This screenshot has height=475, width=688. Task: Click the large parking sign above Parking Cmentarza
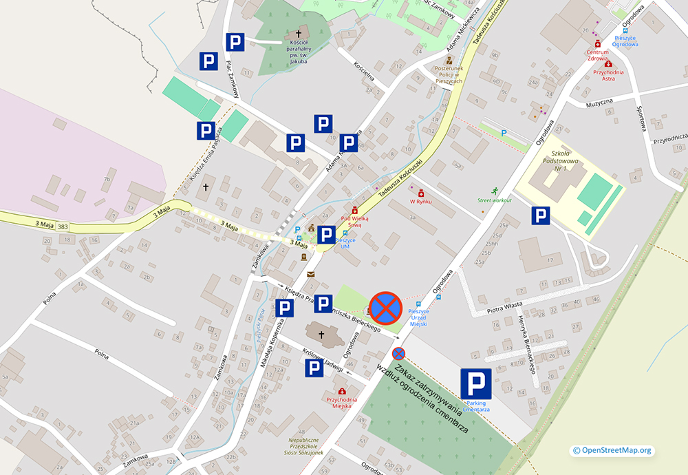point(476,383)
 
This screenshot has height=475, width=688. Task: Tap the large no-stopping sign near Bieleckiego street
point(385,307)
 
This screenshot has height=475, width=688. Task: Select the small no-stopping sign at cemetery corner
point(399,354)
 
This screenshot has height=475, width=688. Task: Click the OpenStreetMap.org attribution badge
point(611,450)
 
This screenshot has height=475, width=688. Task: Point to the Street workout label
point(495,200)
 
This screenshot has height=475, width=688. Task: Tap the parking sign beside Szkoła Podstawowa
point(541,216)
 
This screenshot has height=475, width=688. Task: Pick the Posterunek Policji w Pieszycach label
point(449,74)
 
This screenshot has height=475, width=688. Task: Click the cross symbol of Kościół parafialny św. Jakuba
point(299,34)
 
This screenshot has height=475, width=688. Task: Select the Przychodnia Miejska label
point(342,402)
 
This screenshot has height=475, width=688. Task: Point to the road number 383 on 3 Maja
point(63,226)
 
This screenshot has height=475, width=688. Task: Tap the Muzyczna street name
point(599,103)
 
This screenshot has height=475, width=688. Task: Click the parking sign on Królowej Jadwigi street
point(314,369)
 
